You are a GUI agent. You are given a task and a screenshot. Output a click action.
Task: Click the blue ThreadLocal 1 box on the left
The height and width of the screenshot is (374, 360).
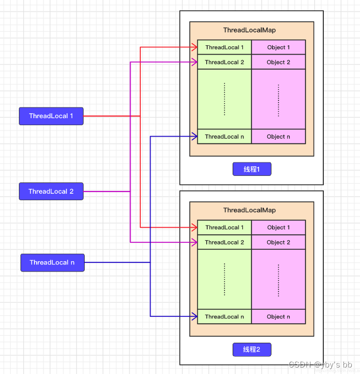[51, 116]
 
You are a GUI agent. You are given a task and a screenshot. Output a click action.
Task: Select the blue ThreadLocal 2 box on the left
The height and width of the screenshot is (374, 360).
[51, 192]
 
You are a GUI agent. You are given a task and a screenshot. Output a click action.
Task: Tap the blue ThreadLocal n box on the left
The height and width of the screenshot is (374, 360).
[52, 263]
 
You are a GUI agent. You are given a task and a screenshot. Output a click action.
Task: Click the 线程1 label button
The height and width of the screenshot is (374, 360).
[252, 169]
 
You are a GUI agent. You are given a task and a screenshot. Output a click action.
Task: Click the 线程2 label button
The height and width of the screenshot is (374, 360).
[252, 350]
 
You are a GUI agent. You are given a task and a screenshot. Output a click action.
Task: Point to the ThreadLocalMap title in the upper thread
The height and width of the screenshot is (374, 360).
[249, 30]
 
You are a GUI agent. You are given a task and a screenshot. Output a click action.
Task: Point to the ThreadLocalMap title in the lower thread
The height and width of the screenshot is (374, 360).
[249, 210]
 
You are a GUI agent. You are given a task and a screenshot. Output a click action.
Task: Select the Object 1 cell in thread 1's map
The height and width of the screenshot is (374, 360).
[279, 47]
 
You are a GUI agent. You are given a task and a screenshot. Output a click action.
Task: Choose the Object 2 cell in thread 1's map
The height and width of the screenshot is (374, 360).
[279, 62]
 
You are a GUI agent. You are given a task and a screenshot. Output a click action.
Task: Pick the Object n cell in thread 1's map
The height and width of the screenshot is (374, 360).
[279, 137]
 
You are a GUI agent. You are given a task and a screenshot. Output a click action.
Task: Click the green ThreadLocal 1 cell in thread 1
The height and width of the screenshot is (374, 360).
[225, 47]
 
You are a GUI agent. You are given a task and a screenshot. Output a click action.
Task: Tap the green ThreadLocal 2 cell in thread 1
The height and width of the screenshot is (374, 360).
[225, 62]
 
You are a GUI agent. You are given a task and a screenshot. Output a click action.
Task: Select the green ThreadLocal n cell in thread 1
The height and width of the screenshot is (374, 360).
[225, 137]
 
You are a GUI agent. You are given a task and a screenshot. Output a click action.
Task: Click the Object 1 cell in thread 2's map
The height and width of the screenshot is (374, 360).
[279, 228]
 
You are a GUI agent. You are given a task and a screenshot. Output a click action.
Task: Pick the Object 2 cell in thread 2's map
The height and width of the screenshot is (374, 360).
[279, 242]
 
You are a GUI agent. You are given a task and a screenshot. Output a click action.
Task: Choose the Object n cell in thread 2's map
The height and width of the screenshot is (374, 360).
[279, 317]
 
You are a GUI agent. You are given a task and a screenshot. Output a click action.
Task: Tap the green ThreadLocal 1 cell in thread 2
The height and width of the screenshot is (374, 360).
[225, 228]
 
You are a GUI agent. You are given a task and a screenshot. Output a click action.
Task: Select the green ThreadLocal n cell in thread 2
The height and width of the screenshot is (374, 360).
[225, 317]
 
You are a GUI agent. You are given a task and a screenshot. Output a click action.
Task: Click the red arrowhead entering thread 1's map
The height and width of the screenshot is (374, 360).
[194, 47]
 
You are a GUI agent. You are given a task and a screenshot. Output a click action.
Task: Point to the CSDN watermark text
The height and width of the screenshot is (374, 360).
[320, 365]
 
